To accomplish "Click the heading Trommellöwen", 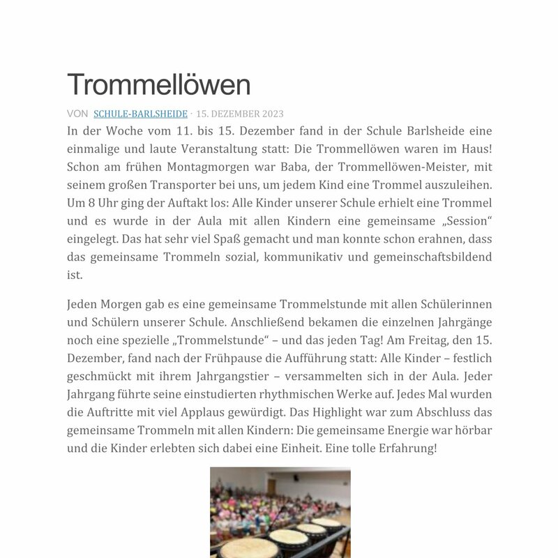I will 158,85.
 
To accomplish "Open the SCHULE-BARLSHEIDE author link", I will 140,114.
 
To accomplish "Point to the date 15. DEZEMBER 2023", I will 240,114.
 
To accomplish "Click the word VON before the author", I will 77,114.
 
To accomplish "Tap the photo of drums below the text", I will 280,513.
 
